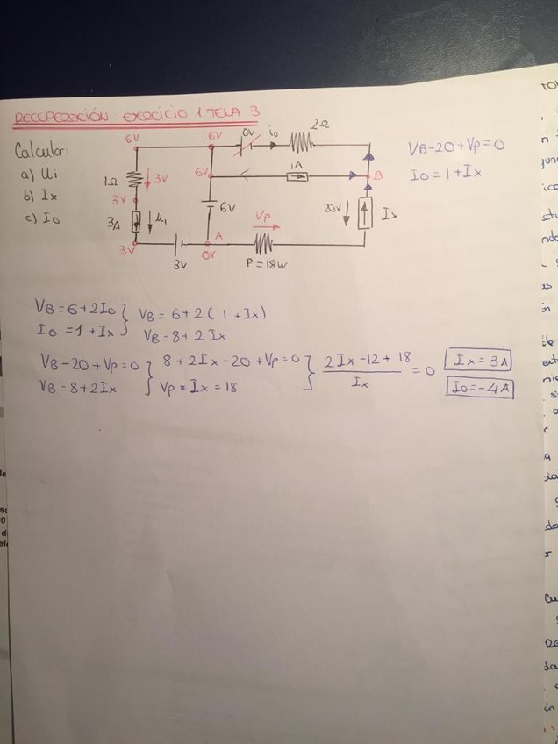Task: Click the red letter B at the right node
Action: (x=379, y=176)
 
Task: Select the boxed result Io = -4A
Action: (x=479, y=386)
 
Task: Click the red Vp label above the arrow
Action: (x=263, y=215)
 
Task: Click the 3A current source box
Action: (x=136, y=221)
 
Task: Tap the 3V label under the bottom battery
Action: (x=179, y=262)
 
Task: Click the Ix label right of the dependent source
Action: (x=389, y=214)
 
